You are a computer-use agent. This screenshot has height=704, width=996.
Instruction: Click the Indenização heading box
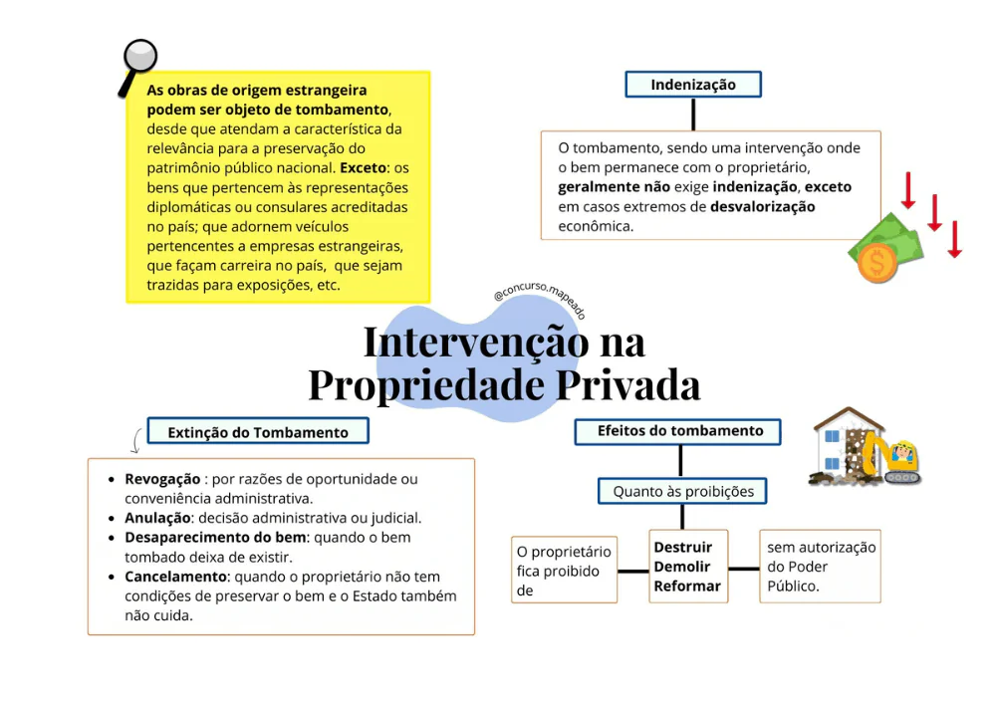(693, 85)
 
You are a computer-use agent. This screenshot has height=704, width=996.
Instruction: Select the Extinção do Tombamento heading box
(258, 432)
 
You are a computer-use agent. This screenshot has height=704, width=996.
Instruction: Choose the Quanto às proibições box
(683, 491)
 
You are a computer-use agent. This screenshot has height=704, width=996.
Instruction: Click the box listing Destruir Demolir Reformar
(687, 567)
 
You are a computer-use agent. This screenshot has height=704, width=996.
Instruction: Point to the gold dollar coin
(876, 263)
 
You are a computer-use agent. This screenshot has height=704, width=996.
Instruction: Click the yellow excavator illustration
(891, 459)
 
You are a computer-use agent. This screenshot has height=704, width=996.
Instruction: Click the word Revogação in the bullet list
(162, 479)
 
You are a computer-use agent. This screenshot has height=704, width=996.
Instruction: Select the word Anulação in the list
(157, 518)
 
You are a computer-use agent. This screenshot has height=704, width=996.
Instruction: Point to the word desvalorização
(762, 207)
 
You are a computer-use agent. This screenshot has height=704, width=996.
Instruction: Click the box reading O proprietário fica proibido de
(564, 571)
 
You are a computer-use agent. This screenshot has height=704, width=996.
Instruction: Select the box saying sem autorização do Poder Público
(821, 567)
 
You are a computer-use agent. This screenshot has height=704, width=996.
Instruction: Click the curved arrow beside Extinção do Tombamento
(136, 440)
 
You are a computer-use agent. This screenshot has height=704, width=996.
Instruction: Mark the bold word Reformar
(687, 587)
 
